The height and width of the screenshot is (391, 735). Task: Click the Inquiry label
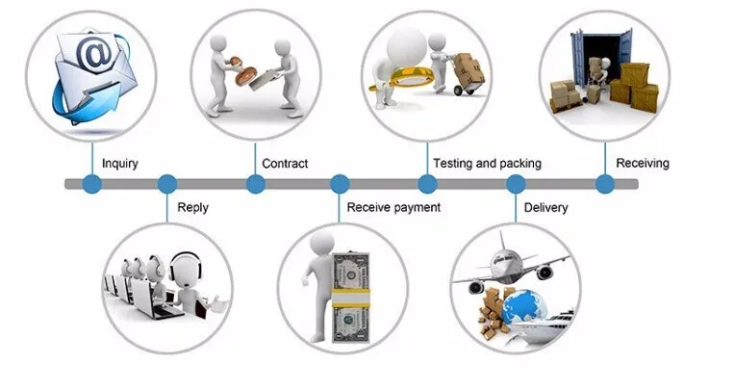point(119,164)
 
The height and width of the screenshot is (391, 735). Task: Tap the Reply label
point(192,207)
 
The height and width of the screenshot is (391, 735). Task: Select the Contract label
point(285,164)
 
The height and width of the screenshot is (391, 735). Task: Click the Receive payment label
point(393,207)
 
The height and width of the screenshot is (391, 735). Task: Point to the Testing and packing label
point(487,164)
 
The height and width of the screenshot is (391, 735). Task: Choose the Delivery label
point(545,207)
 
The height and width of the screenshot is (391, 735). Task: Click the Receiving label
point(642,164)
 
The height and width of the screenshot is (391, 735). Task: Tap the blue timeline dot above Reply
point(167,184)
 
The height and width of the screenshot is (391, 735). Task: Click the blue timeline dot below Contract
point(254,184)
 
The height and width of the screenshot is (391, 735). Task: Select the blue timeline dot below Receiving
point(604,184)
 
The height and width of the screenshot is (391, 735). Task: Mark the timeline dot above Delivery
point(516,184)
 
